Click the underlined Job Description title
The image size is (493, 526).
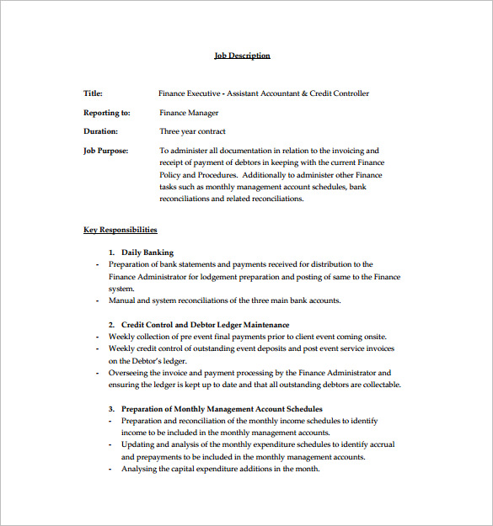242,56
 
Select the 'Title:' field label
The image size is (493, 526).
93,93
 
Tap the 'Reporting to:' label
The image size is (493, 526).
107,113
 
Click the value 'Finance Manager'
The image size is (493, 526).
189,113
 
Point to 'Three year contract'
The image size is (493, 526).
193,131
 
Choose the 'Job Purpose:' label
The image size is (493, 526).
106,151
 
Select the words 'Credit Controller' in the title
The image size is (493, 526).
340,93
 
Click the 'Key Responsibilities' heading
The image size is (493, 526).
120,229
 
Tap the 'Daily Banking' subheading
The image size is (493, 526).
147,252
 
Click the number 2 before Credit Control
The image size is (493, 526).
111,324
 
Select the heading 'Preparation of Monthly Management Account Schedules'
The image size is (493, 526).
222,409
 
